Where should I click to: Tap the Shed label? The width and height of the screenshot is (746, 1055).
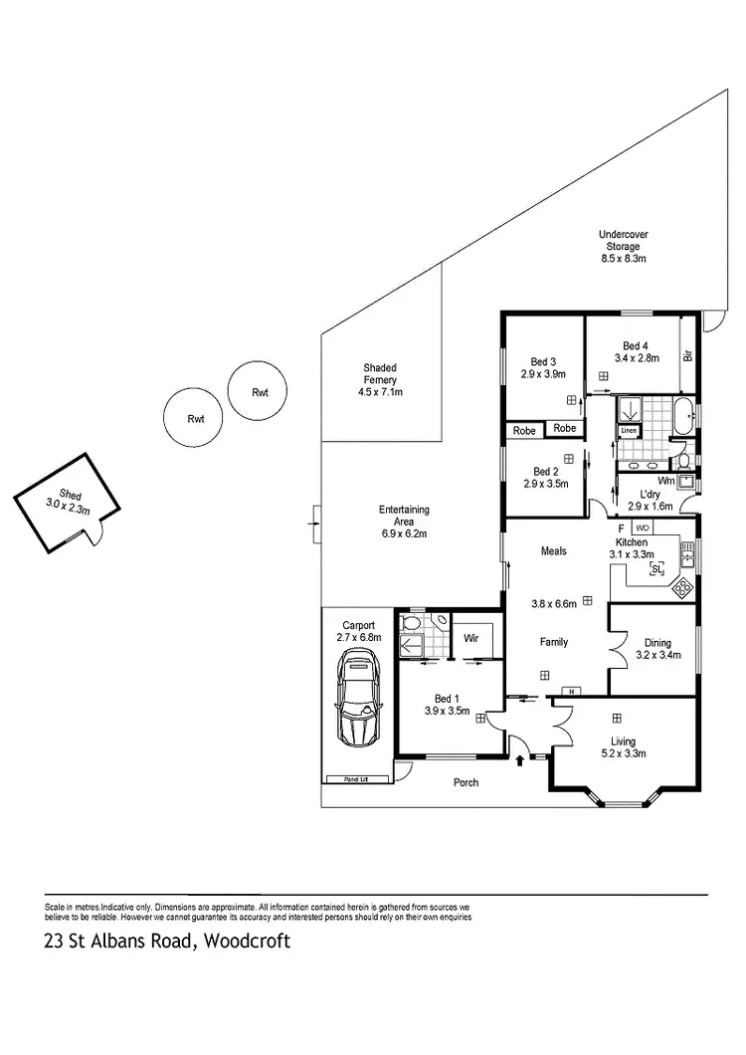click(69, 495)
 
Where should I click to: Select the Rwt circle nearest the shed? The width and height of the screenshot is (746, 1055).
click(195, 420)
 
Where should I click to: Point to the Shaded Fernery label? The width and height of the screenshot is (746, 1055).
click(380, 373)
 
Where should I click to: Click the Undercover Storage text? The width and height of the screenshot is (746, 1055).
click(624, 240)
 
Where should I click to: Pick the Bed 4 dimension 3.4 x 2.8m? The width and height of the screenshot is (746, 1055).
click(637, 358)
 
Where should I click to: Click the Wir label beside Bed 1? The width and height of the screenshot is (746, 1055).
click(471, 639)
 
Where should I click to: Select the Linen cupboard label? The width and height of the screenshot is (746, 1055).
click(628, 431)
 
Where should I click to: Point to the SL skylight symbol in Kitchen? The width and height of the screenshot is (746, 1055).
click(656, 569)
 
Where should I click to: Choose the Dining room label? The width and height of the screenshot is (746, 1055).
click(657, 642)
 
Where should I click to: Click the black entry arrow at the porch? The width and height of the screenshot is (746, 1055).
click(521, 761)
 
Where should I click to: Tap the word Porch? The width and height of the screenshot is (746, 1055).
click(466, 782)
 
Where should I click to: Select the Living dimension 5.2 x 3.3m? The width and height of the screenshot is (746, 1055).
click(624, 753)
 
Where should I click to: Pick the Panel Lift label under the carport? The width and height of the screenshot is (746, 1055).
click(343, 778)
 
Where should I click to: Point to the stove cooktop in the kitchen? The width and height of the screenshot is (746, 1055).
click(683, 588)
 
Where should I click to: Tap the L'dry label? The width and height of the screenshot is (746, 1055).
click(651, 494)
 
